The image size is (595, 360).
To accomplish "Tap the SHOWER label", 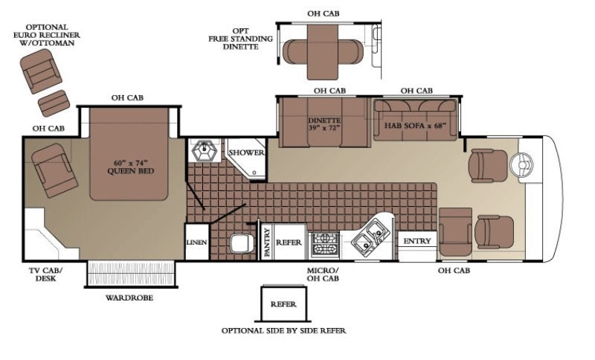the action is click(x=246, y=152).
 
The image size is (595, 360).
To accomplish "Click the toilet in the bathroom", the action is click(x=242, y=242).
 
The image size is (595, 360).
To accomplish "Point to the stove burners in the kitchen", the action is click(x=324, y=245).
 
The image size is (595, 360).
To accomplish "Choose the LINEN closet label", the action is click(x=196, y=242).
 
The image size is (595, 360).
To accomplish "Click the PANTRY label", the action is click(x=268, y=242).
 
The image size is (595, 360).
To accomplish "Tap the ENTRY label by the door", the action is click(x=417, y=241).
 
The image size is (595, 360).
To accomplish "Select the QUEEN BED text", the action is click(x=131, y=171).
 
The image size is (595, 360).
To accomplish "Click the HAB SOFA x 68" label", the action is click(x=415, y=126).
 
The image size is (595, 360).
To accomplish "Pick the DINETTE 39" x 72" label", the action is click(x=324, y=123).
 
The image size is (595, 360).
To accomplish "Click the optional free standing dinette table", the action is click(x=323, y=52).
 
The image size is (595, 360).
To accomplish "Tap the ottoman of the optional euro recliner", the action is click(x=54, y=103).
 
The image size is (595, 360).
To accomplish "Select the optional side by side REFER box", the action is click(x=283, y=304).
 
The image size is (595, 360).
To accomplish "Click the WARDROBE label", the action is click(x=129, y=298).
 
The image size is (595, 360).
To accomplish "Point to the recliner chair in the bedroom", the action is click(x=54, y=170).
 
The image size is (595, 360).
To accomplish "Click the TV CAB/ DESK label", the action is click(x=46, y=274).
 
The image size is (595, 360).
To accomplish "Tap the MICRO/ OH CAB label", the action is click(x=323, y=274).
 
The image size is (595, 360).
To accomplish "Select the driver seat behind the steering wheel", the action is click(x=488, y=166).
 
